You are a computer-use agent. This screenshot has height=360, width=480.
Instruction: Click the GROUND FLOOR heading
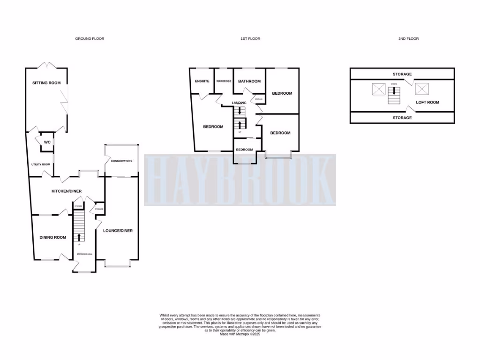pos(90,38)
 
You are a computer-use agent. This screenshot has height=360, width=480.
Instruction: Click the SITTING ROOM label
pos(46,83)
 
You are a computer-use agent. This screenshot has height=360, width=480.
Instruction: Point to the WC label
pos(47,142)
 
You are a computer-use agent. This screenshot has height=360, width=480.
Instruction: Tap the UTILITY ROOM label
pos(40,164)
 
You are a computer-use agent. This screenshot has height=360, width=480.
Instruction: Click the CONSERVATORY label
pos(121,161)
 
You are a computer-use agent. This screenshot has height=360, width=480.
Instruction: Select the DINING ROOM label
pos(52,237)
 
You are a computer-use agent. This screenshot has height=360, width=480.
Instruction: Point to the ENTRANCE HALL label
pos(84,254)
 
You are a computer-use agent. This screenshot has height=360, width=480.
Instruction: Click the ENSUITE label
pos(202,81)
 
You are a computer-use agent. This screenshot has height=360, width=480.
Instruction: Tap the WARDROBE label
pos(224,81)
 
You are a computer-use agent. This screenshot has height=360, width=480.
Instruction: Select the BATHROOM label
pos(249,81)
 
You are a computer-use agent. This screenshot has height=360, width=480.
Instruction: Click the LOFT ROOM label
pos(427,102)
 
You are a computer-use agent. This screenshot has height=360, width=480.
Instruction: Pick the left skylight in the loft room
pos(378,89)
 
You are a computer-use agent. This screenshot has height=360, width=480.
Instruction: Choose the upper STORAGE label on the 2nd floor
pos(402,74)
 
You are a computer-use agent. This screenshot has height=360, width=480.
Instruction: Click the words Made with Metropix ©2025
pos(240,333)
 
